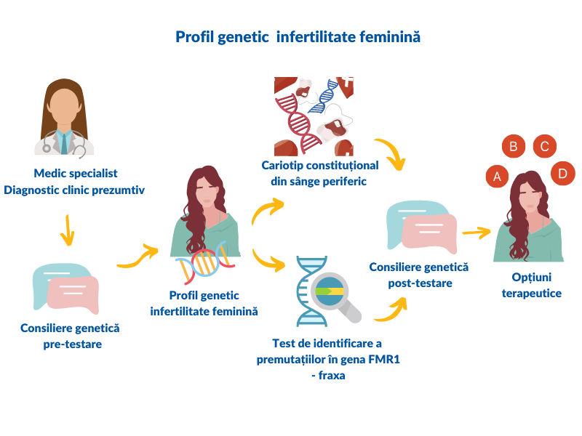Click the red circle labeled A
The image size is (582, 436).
[498, 177]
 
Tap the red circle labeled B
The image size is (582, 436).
[514, 147]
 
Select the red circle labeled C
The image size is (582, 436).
[544, 147]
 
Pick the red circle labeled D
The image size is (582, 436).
[562, 174]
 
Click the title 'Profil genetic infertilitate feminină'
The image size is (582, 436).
[298, 36]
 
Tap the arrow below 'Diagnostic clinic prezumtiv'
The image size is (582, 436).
[68, 229]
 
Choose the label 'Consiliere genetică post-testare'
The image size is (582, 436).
[419, 275]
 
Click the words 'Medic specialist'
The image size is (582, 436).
[76, 174]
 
